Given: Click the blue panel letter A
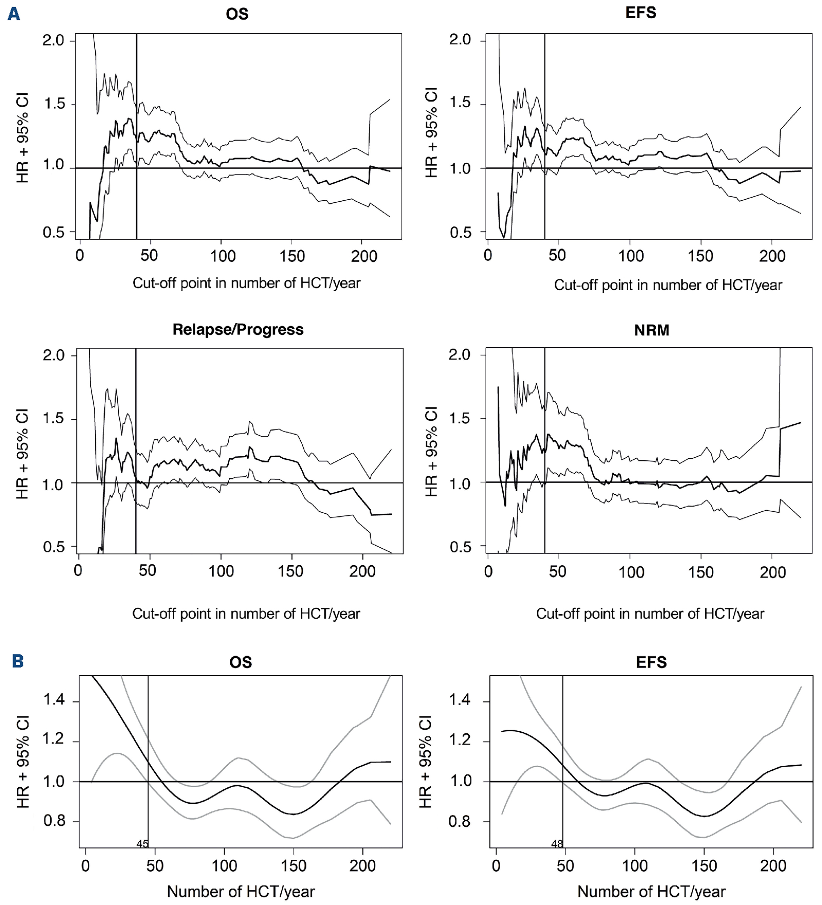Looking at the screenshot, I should click(14, 14).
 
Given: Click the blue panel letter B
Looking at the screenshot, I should click(18, 661).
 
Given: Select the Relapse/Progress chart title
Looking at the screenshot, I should click(238, 330).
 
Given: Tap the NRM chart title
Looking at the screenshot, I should click(652, 330).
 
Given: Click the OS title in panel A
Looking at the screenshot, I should click(237, 14).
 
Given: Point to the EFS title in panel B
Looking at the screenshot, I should click(651, 662).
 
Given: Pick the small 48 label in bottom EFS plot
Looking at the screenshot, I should click(557, 844).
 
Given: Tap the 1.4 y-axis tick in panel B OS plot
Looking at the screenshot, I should click(54, 700).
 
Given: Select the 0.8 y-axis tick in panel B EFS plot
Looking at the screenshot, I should click(459, 821).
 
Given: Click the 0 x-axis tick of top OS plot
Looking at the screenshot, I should click(80, 256).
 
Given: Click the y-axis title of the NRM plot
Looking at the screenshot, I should click(431, 451).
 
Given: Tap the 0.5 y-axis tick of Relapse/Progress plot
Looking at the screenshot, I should click(53, 547).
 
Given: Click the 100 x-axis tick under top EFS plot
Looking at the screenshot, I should click(630, 256).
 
